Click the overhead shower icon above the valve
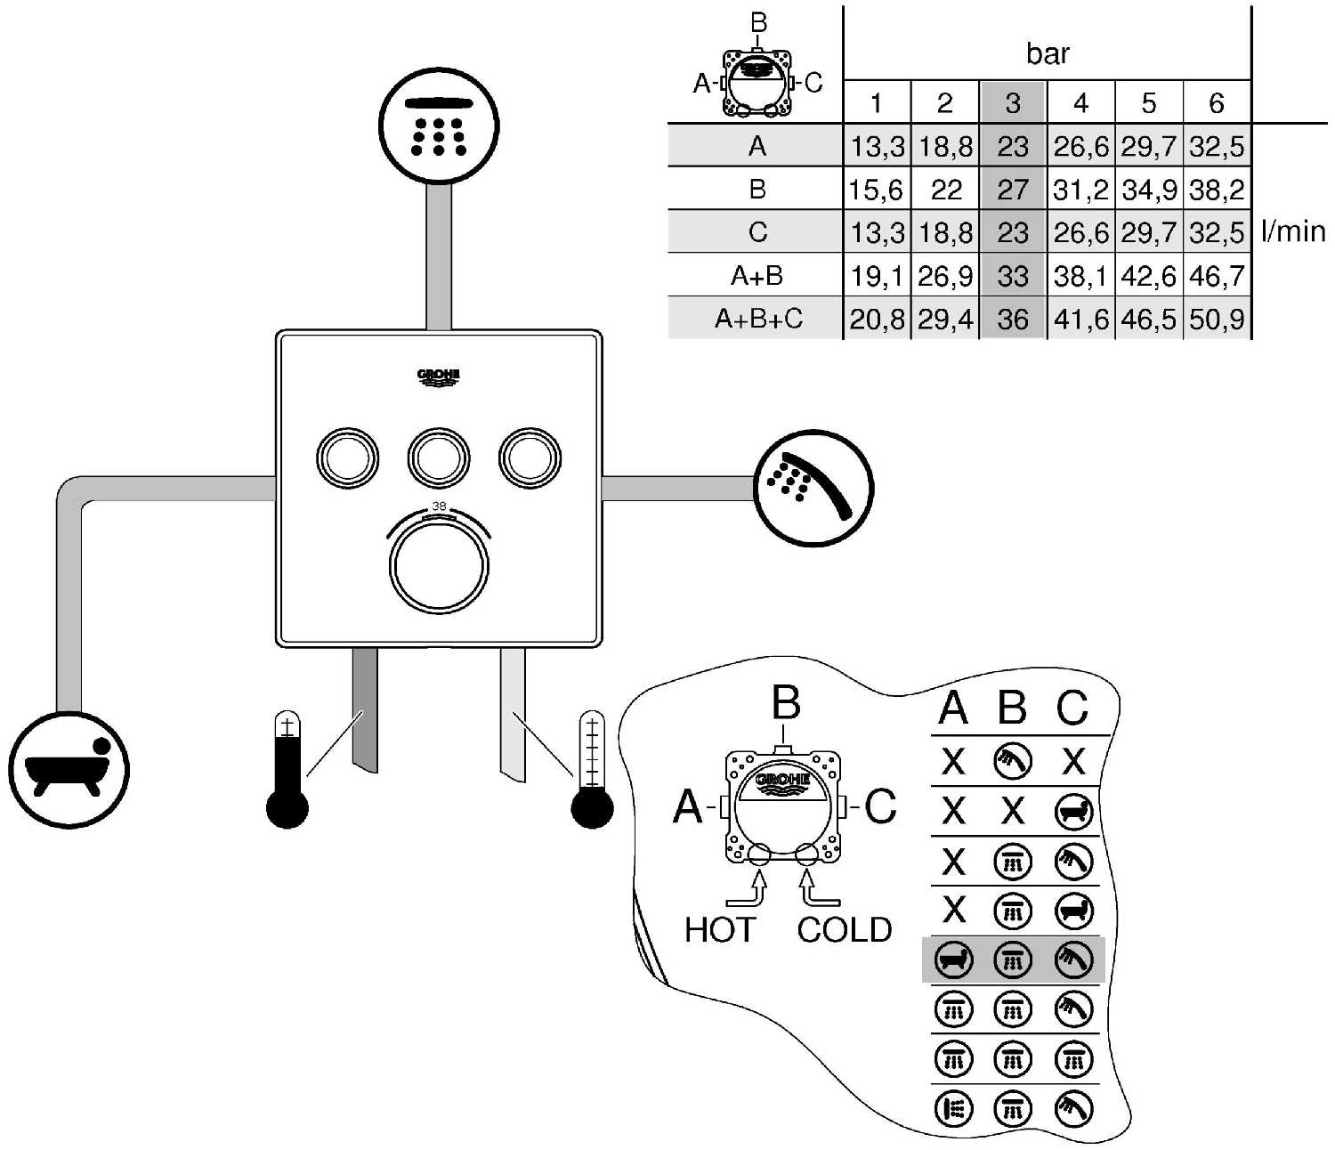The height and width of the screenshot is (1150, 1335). point(439,126)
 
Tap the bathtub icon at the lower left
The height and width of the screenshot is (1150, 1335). point(69,771)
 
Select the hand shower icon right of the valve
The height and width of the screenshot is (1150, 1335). point(813,488)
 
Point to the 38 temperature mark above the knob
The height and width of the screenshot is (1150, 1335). point(439,506)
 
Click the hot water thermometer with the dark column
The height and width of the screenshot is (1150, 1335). point(287,771)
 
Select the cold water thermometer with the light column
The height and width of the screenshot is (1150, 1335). point(592,771)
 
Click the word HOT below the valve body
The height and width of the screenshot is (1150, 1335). point(719,930)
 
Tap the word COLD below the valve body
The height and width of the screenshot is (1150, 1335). point(844,930)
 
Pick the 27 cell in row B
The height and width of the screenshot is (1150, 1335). point(1013,190)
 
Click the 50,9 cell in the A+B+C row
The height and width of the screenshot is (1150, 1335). point(1217,319)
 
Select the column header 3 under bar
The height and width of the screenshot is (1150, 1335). point(1013,103)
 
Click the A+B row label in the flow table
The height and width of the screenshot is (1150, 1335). point(756,276)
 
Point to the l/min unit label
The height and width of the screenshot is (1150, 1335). point(1293,232)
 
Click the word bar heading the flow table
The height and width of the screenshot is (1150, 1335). point(1048,54)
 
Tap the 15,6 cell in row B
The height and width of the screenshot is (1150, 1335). point(877,190)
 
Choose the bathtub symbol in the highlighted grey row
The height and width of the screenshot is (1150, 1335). point(953,960)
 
